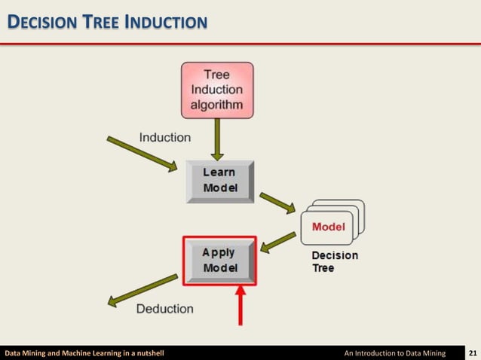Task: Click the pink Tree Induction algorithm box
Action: [217, 90]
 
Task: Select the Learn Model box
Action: [219, 180]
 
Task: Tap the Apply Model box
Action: [219, 261]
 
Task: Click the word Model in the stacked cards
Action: [328, 227]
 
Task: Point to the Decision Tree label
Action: [335, 261]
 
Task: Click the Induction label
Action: [165, 137]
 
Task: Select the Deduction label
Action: [164, 309]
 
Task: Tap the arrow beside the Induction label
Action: [142, 153]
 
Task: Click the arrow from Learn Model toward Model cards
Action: [278, 202]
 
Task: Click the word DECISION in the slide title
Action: [39, 23]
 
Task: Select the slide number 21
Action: [473, 352]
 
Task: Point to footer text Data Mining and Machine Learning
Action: [84, 352]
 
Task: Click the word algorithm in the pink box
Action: [216, 105]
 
